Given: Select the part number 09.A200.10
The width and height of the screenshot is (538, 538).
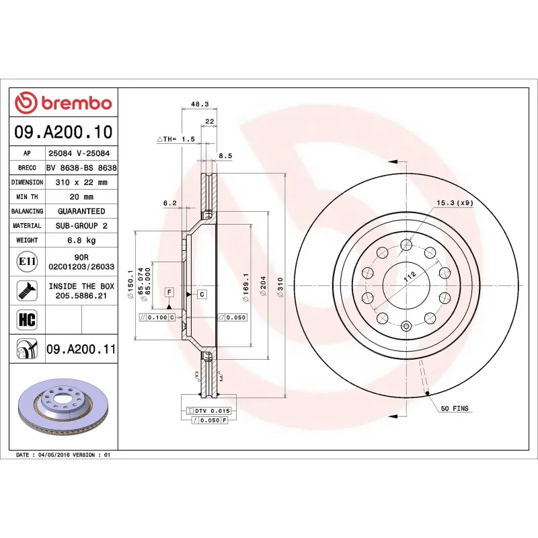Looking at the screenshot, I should click(x=65, y=132).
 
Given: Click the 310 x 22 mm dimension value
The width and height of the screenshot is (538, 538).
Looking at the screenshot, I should click(x=81, y=182).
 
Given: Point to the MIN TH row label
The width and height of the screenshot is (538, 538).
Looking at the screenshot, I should click(x=27, y=197).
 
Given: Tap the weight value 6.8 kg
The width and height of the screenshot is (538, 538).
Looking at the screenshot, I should click(x=81, y=240).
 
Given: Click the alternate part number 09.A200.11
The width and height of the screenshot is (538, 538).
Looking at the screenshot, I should click(x=81, y=350).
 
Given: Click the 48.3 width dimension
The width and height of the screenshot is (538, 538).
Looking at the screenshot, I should click(x=200, y=104).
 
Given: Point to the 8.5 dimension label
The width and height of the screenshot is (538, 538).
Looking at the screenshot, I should click(x=225, y=156).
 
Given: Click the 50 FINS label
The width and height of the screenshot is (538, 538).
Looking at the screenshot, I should click(x=455, y=408).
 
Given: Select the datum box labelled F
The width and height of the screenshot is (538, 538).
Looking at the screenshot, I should click(x=169, y=292).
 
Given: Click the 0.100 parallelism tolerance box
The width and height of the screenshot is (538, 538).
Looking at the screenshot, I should click(x=157, y=317).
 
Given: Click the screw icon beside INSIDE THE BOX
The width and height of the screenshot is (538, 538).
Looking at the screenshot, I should click(x=27, y=291).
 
